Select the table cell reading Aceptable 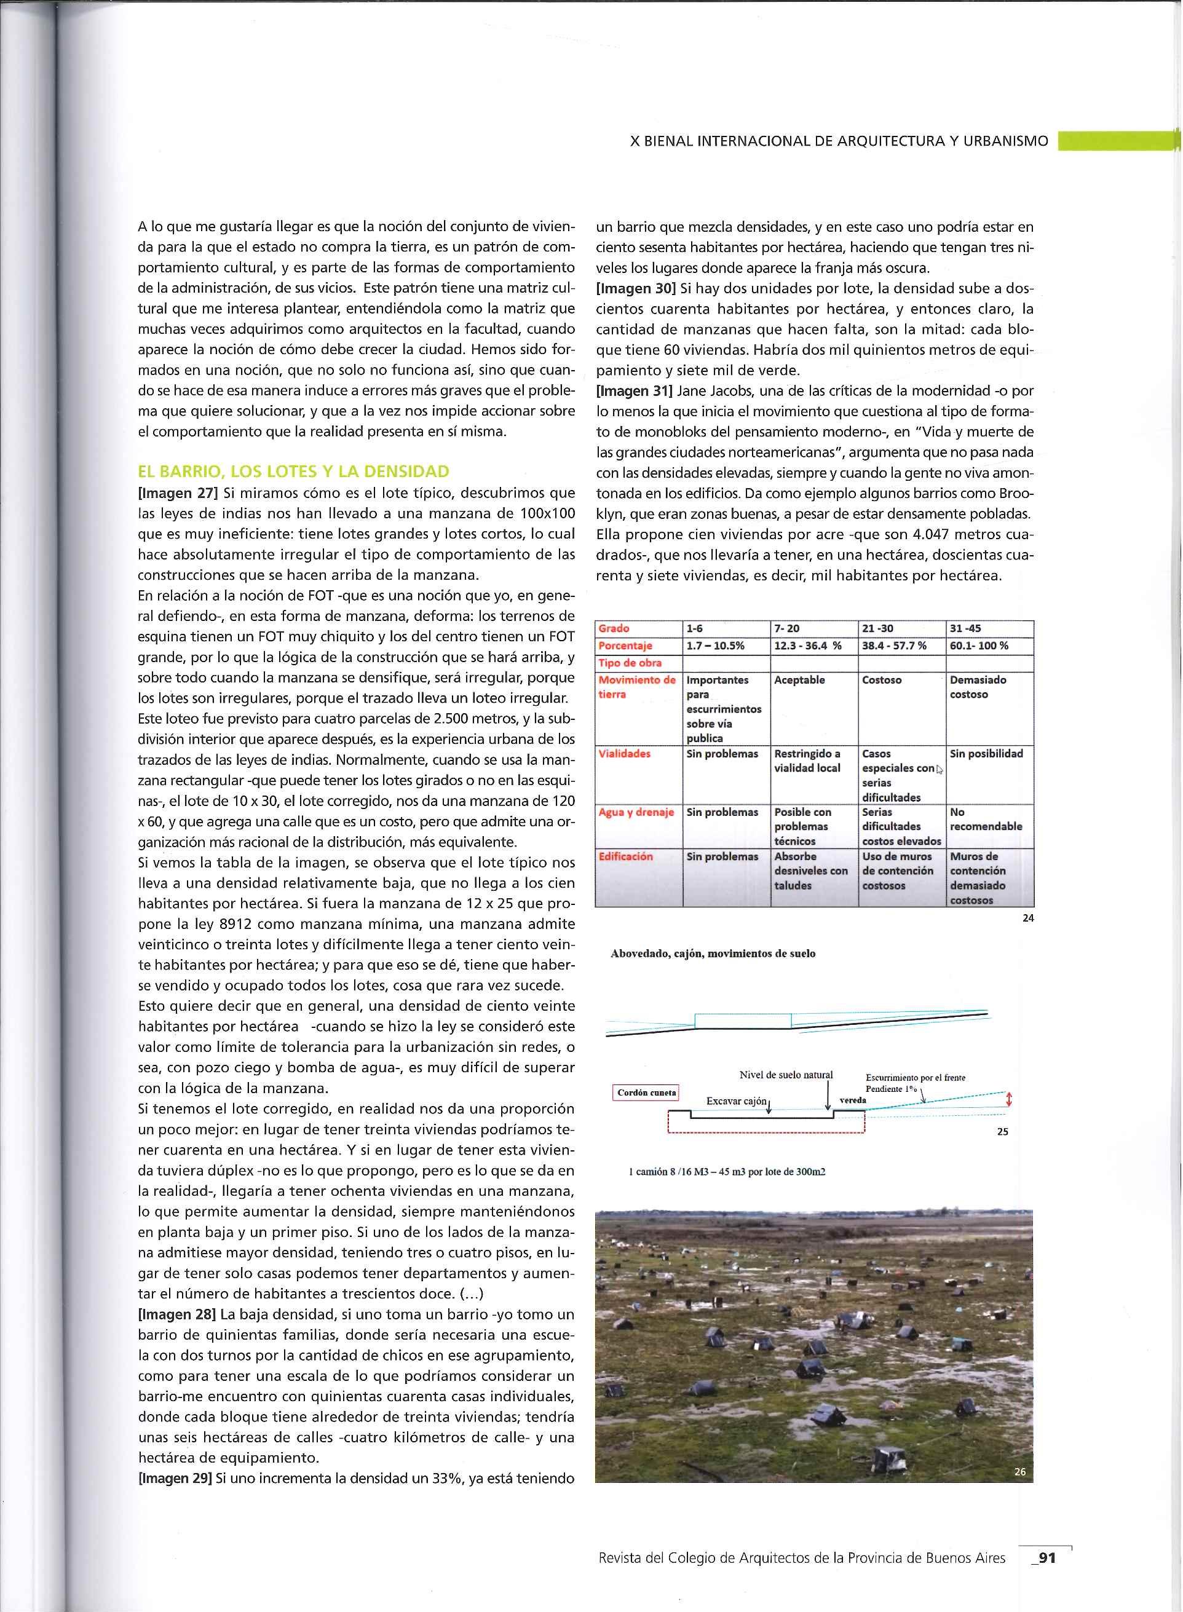[x=799, y=680]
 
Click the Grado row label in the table [x=614, y=628]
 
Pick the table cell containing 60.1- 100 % [x=979, y=646]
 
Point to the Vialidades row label [x=625, y=754]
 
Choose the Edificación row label [x=625, y=856]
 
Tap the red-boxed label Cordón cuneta [x=647, y=1093]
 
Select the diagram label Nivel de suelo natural [x=786, y=1075]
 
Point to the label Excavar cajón [x=735, y=1101]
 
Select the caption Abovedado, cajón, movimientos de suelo [x=713, y=954]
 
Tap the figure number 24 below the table [x=1027, y=918]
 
